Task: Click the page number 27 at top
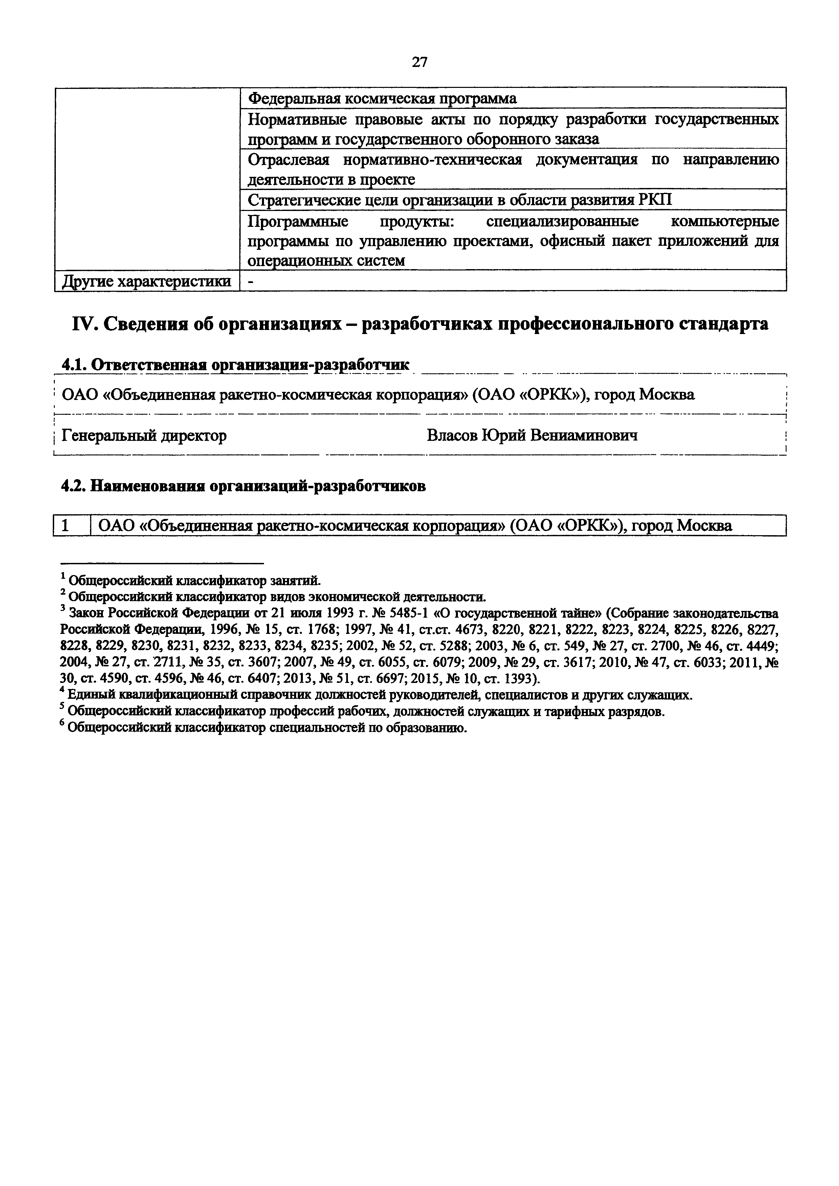[x=419, y=63]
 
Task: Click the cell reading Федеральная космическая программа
[x=382, y=98]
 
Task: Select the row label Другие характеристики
[x=146, y=282]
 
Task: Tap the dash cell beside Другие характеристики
[x=251, y=282]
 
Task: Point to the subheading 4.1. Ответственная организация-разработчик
[x=235, y=365]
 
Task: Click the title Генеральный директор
[x=144, y=435]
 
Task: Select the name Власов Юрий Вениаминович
[x=532, y=435]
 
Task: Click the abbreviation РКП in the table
[x=656, y=200]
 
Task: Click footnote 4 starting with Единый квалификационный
[x=376, y=695]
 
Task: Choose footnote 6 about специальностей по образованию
[x=264, y=728]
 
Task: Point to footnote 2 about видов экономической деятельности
[x=274, y=597]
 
